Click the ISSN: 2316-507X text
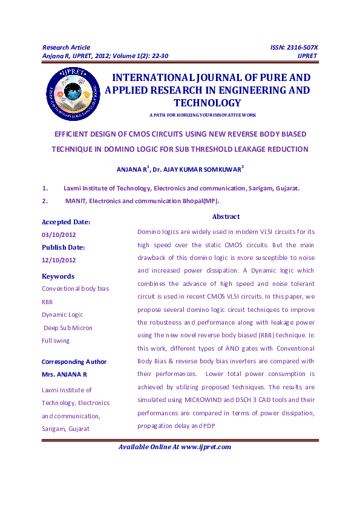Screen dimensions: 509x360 293,47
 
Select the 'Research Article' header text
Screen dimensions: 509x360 66,47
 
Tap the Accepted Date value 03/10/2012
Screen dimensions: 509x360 59,235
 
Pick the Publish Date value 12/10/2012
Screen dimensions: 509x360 59,260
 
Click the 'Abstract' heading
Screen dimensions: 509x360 226,216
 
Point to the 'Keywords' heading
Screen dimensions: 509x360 58,276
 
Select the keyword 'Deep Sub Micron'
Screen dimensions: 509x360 68,328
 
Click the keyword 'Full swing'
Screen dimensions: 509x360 56,340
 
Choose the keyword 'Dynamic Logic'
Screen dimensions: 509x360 62,314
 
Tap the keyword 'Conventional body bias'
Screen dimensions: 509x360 75,289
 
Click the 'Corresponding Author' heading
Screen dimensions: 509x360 74,362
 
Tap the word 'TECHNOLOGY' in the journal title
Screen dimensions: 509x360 207,103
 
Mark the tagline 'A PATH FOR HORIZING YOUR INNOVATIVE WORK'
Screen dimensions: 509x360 202,115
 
